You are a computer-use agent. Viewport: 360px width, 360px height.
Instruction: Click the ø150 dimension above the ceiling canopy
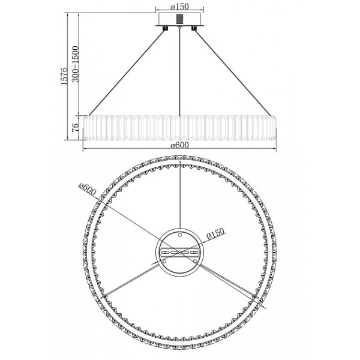(x=180, y=7)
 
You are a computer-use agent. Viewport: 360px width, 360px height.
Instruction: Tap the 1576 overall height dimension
(x=65, y=76)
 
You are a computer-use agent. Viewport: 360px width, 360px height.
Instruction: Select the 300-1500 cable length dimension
(x=76, y=64)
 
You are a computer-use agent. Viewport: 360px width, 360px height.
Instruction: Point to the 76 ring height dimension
(x=76, y=127)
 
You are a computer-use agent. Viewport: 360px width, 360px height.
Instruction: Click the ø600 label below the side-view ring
(x=180, y=145)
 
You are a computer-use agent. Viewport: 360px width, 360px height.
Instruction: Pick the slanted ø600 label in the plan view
(x=87, y=190)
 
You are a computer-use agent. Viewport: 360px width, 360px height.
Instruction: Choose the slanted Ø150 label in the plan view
(x=215, y=234)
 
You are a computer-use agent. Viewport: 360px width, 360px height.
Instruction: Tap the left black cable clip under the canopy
(x=165, y=28)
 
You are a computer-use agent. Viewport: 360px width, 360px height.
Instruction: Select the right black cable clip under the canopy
(x=194, y=28)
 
